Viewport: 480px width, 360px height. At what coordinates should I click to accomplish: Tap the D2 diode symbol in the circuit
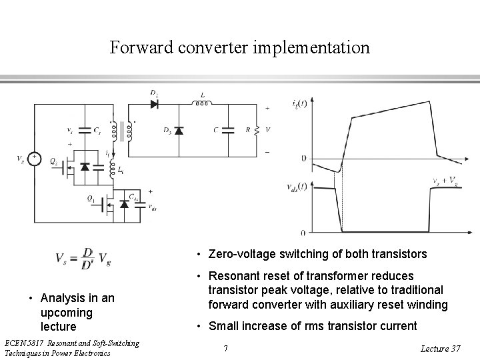155,104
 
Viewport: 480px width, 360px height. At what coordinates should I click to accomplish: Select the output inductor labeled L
201,103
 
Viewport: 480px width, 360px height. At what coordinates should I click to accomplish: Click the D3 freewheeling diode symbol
179,130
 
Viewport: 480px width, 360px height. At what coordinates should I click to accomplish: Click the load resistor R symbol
254,129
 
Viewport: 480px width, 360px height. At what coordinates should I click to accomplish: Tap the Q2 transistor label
53,161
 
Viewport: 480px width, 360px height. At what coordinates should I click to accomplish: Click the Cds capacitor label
135,197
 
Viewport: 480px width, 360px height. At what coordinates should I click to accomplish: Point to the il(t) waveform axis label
300,103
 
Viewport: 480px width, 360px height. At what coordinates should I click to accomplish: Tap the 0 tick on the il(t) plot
303,158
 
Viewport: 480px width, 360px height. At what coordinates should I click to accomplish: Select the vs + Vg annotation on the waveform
444,180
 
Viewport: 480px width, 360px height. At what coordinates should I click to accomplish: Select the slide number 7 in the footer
226,348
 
